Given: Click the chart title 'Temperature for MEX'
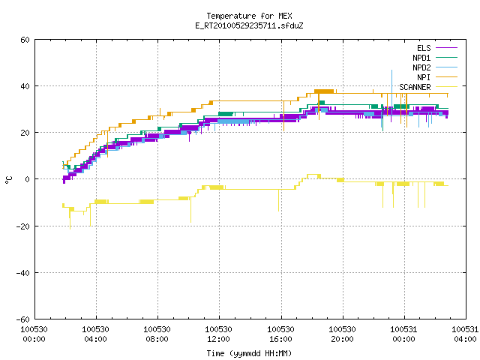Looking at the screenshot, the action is [x=249, y=16].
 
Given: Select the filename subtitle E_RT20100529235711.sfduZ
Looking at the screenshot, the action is [x=249, y=25].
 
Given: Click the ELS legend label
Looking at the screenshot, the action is [x=424, y=48].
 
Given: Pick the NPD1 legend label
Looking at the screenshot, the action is [x=421, y=58].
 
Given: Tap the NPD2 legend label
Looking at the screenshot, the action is [x=421, y=67].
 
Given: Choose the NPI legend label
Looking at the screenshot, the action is [x=424, y=77].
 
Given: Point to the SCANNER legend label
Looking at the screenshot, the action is [x=415, y=87].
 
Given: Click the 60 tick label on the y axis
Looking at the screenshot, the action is [x=25, y=40].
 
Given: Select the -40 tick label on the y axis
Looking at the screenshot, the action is [x=23, y=273].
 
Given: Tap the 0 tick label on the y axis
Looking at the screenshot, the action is [x=28, y=179].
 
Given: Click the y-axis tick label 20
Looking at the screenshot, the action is [x=25, y=133].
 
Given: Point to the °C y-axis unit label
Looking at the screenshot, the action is [x=8, y=180].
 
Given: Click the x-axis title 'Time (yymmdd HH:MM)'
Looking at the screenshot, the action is [x=249, y=353].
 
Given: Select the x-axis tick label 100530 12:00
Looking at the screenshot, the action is [x=218, y=334].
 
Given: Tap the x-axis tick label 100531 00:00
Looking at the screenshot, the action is [x=403, y=334].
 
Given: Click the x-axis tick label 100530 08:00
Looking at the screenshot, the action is [x=157, y=334].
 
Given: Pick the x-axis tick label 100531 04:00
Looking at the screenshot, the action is [x=465, y=334].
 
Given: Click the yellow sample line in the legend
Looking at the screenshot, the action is [x=447, y=87].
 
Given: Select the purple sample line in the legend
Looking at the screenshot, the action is [x=447, y=48].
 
